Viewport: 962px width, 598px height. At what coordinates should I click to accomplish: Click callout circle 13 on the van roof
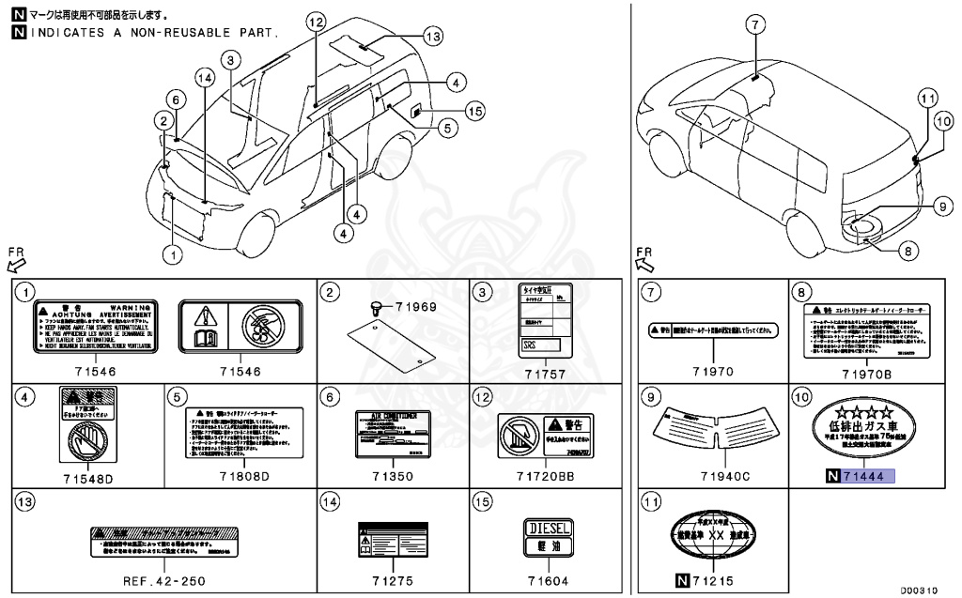(x=431, y=37)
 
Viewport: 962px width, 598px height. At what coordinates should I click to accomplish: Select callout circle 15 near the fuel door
(x=475, y=111)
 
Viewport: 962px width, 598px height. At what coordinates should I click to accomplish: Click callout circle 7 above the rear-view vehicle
(x=758, y=25)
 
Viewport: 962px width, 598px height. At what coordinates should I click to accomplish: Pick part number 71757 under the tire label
(x=546, y=373)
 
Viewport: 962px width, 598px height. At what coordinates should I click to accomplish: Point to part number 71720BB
(x=546, y=477)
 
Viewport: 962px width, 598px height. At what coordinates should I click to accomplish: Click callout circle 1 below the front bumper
(x=171, y=252)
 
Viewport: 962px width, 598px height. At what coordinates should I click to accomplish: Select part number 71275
(x=394, y=581)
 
